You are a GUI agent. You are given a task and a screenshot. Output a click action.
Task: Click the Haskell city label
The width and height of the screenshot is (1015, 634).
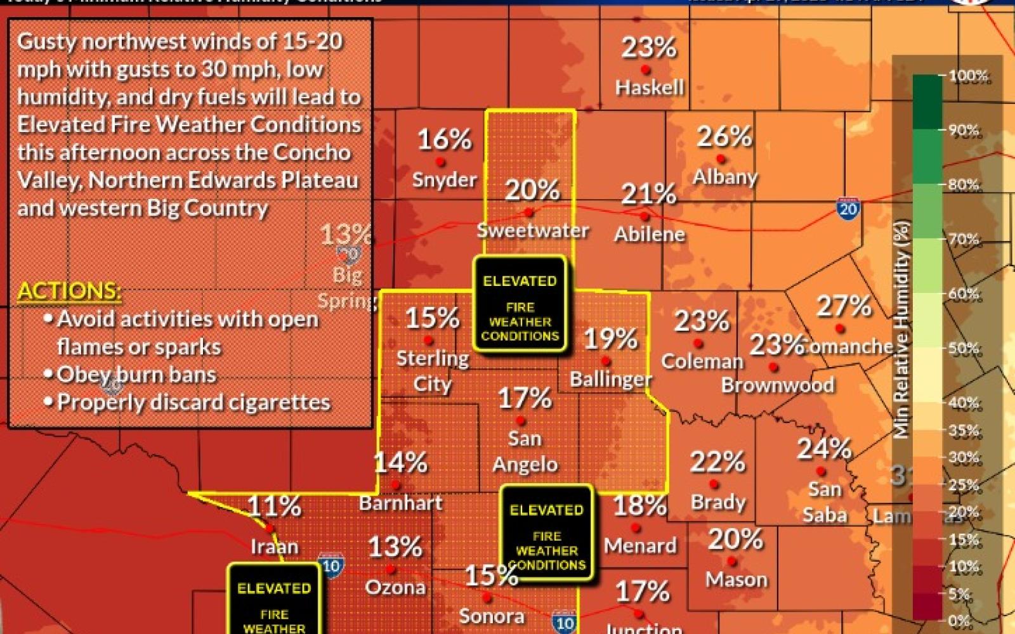(650, 87)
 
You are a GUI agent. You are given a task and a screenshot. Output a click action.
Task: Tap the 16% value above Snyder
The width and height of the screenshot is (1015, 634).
(444, 139)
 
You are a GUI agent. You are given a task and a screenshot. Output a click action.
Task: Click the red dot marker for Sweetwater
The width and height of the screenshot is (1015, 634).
(529, 213)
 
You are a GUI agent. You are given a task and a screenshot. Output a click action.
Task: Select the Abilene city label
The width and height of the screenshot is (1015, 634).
(650, 234)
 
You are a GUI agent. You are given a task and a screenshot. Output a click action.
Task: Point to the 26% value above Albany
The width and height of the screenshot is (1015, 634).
(724, 136)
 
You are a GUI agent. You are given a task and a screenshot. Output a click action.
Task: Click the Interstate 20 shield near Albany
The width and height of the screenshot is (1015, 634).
(848, 209)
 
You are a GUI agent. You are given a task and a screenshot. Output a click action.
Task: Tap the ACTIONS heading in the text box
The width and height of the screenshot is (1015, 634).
(69, 290)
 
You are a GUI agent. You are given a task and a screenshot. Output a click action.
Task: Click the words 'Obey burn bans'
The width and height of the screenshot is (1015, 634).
(136, 375)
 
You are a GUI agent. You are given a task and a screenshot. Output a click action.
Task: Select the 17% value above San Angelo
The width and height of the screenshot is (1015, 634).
(525, 398)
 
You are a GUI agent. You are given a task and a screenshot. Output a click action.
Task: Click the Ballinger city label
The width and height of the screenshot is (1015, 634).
(610, 379)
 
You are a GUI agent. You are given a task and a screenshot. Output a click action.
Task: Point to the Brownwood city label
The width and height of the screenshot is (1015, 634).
(777, 385)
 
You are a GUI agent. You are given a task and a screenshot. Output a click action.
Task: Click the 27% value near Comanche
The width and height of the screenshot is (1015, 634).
(843, 306)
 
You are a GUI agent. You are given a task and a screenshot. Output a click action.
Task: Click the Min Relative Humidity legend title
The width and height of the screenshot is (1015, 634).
(902, 330)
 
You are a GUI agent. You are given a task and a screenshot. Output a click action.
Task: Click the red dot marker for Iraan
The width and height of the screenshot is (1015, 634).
(270, 527)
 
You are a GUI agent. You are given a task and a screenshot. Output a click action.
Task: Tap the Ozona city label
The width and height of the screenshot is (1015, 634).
(395, 587)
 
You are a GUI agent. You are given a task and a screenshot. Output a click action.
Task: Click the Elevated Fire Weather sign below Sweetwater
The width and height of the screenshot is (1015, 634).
(520, 304)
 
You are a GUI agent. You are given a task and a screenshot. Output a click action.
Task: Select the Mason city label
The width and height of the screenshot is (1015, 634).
(736, 579)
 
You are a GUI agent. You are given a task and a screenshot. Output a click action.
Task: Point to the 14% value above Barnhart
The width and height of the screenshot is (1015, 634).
(400, 463)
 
